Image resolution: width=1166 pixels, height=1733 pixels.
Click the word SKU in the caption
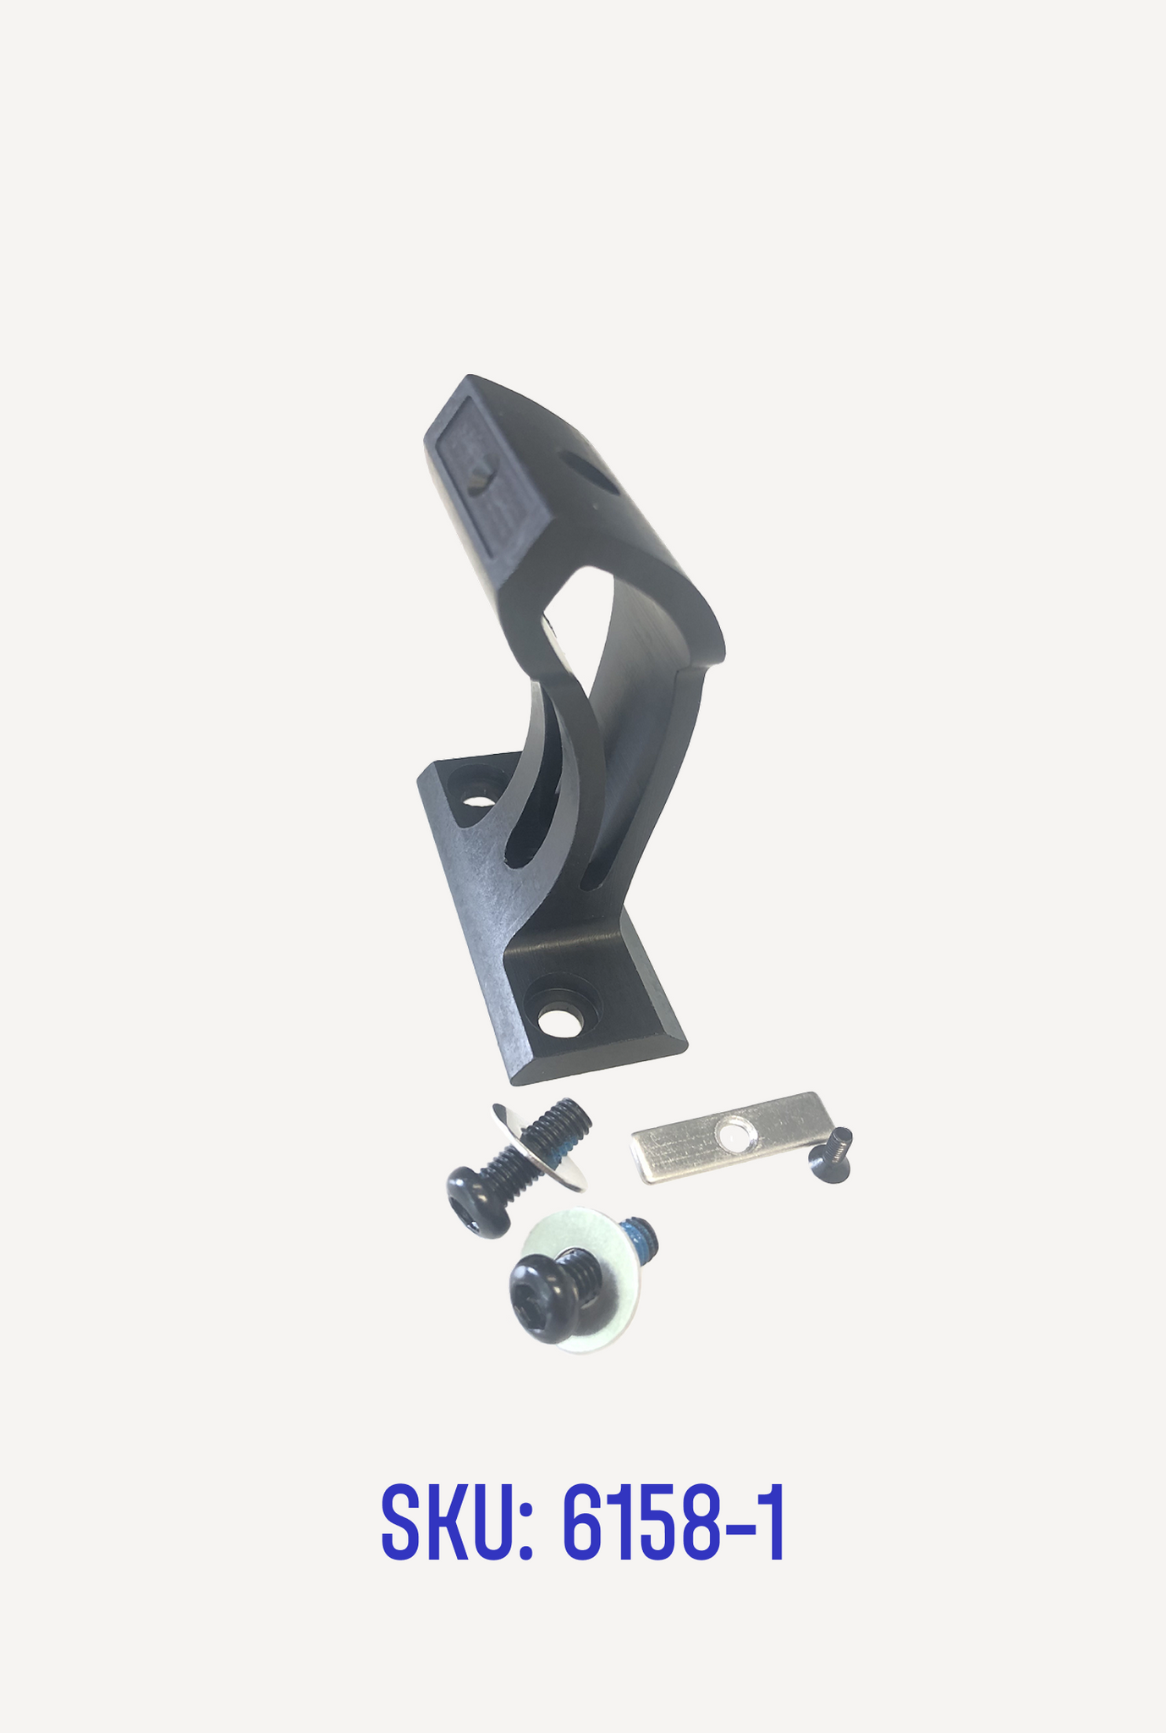pyautogui.click(x=446, y=1526)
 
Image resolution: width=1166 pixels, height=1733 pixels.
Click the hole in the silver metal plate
pyautogui.click(x=732, y=1133)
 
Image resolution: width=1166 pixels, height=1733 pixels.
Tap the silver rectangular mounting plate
pyautogui.click(x=728, y=1136)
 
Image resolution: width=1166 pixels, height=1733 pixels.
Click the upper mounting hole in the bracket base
pyautogui.click(x=476, y=798)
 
